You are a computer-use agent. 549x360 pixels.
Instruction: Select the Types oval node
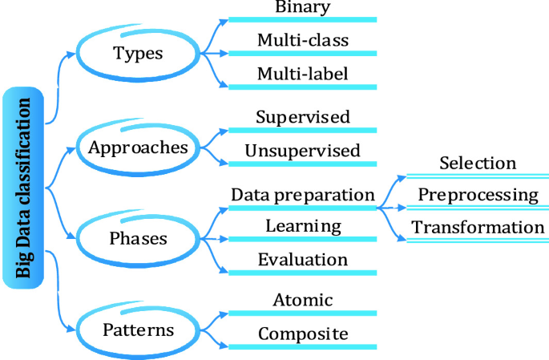[x=138, y=54]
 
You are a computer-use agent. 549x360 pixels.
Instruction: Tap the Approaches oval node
[x=138, y=148]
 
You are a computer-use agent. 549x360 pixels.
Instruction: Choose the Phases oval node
[x=138, y=239]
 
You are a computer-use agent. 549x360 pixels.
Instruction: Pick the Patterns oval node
[x=138, y=330]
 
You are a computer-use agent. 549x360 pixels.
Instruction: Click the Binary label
[x=302, y=8]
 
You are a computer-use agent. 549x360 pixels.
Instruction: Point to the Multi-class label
[x=302, y=40]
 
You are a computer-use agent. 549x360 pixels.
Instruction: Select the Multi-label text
[x=302, y=75]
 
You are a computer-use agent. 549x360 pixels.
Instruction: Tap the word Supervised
[x=302, y=116]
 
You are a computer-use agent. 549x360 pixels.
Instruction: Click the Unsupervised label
[x=302, y=150]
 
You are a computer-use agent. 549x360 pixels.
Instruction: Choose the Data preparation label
[x=302, y=195]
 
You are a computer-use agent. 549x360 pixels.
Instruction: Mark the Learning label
[x=302, y=226]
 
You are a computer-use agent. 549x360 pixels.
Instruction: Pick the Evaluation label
[x=302, y=260]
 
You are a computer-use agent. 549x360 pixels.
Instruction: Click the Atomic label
[x=302, y=300]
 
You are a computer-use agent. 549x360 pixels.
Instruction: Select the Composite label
[x=302, y=334]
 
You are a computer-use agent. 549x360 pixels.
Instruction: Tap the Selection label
[x=478, y=163]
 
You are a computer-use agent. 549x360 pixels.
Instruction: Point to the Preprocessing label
[x=478, y=195]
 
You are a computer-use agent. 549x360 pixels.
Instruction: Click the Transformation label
[x=478, y=227]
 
